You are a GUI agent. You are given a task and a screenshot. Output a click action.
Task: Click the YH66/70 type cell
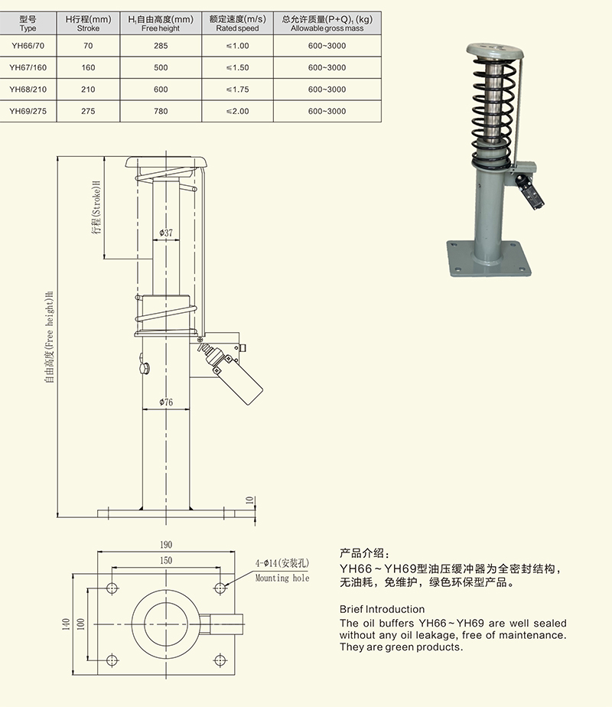[28, 46]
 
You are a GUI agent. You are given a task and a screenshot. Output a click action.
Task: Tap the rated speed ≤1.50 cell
[238, 68]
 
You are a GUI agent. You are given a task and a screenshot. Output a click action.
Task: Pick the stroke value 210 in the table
[88, 90]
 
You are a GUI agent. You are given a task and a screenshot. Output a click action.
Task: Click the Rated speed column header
[238, 23]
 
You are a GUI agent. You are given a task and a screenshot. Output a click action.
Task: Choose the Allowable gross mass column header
[327, 23]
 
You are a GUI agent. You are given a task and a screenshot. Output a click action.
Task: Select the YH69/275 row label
[28, 111]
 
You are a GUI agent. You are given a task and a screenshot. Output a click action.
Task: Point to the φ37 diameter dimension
[166, 233]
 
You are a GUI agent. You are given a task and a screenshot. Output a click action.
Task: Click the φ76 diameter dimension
[166, 402]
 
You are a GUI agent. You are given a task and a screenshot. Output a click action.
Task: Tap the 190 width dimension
[166, 544]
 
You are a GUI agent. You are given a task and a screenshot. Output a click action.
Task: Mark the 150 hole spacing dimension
[166, 560]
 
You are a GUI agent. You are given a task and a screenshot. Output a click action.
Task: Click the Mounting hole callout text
[282, 578]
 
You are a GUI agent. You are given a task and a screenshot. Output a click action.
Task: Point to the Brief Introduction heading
[382, 609]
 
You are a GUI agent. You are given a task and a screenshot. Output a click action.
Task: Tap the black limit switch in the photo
[527, 191]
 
